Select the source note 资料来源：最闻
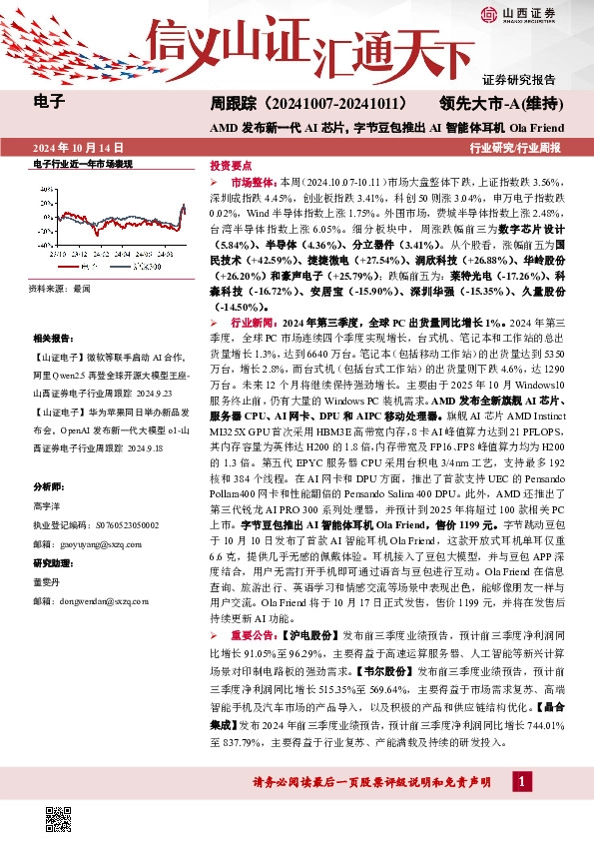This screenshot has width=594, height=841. [60, 288]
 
